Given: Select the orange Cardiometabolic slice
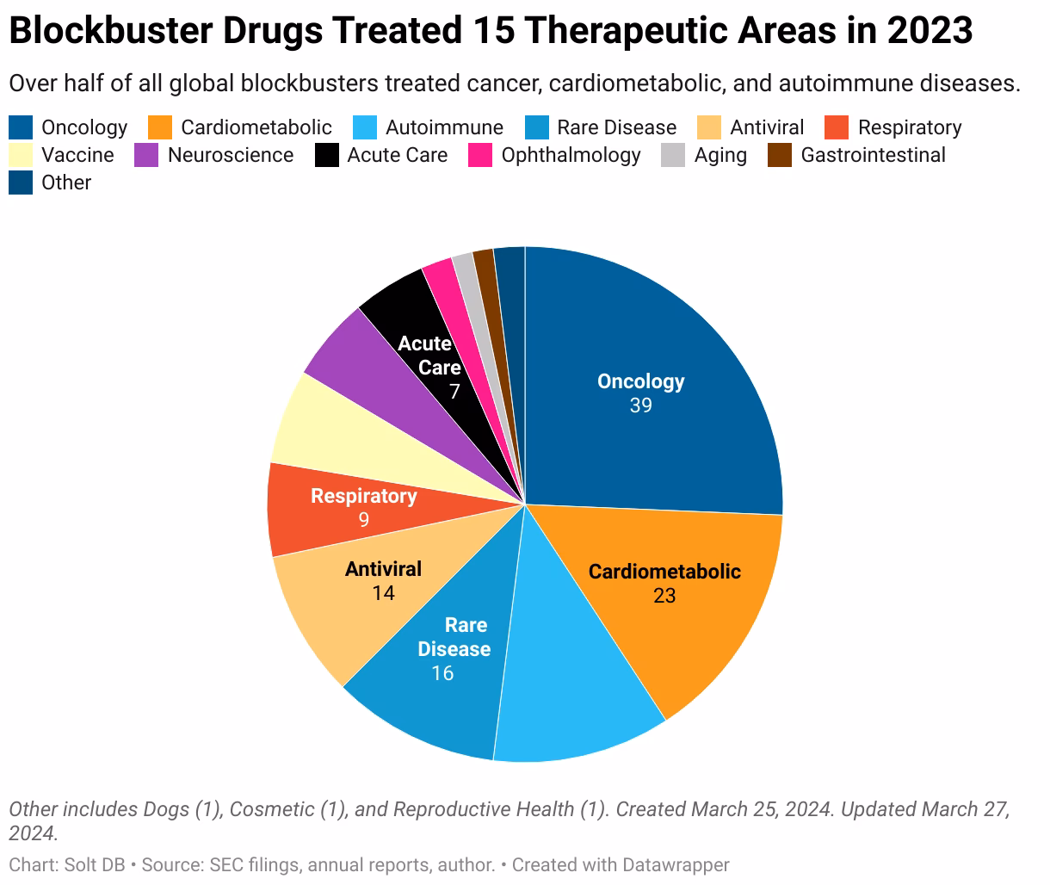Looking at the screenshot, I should (689, 637).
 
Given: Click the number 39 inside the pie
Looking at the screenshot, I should (640, 405).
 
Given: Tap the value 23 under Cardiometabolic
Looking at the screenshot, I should (664, 596).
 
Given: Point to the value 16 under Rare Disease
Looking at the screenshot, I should (442, 673).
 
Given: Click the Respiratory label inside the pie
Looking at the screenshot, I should (363, 496).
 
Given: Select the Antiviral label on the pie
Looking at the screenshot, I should (383, 569).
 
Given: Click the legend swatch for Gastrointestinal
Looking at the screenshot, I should (781, 156).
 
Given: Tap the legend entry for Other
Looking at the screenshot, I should (65, 183).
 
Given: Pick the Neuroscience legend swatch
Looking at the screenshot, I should (147, 156).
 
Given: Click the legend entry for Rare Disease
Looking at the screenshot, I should (616, 128).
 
